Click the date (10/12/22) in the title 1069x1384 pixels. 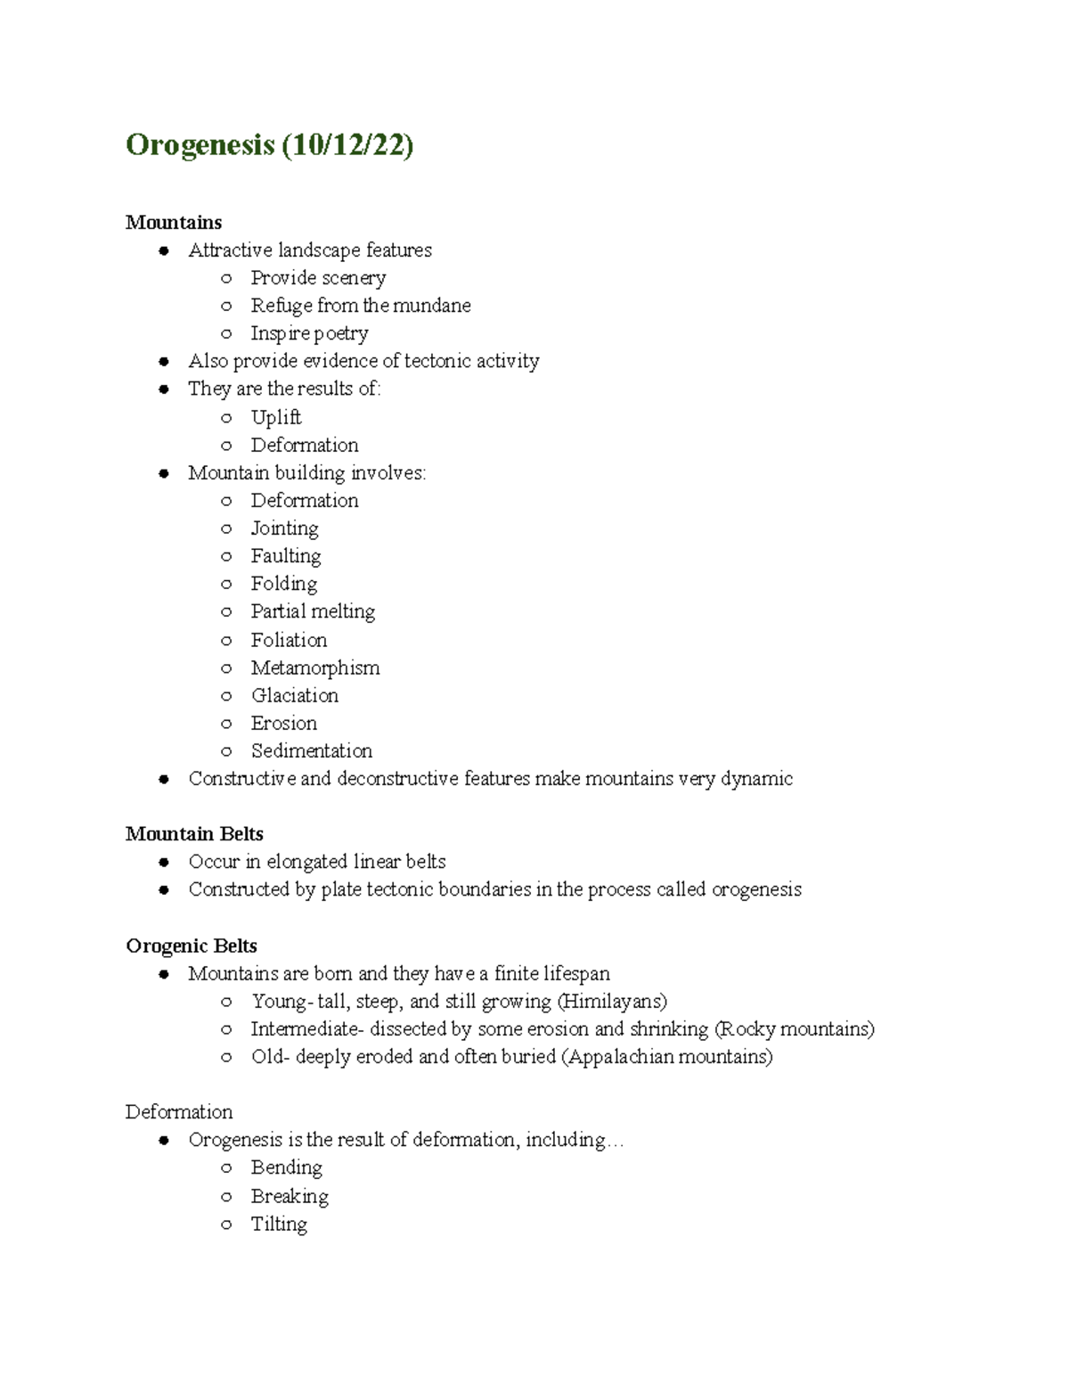[347, 144]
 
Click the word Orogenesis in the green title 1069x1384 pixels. [200, 144]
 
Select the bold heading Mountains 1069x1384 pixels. [174, 222]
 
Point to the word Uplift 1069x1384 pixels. [276, 417]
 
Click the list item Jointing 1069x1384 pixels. [284, 528]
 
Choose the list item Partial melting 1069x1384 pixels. [313, 611]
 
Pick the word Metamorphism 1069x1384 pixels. [315, 667]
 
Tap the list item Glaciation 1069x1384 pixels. [295, 695]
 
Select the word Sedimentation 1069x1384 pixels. [312, 750]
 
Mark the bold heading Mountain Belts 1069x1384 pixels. [194, 834]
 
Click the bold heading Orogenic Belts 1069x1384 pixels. [192, 946]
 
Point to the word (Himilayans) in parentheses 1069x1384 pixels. [612, 1002]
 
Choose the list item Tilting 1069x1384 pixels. [279, 1224]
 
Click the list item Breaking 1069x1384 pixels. [290, 1196]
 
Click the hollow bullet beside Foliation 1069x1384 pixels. [226, 640]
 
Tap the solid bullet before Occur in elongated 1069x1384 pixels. [164, 862]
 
